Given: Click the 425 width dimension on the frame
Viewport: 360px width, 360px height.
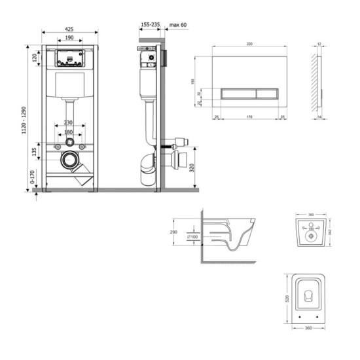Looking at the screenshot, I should (x=69, y=28).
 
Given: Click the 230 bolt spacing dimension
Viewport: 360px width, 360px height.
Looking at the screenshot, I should (x=69, y=123).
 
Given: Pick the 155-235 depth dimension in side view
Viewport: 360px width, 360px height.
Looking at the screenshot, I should (x=149, y=25).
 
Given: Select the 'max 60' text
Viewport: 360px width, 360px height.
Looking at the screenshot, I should (x=178, y=25).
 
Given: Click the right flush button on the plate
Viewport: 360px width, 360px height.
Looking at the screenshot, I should (x=264, y=93).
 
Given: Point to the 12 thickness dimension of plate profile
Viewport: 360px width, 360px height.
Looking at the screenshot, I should (x=318, y=45).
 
